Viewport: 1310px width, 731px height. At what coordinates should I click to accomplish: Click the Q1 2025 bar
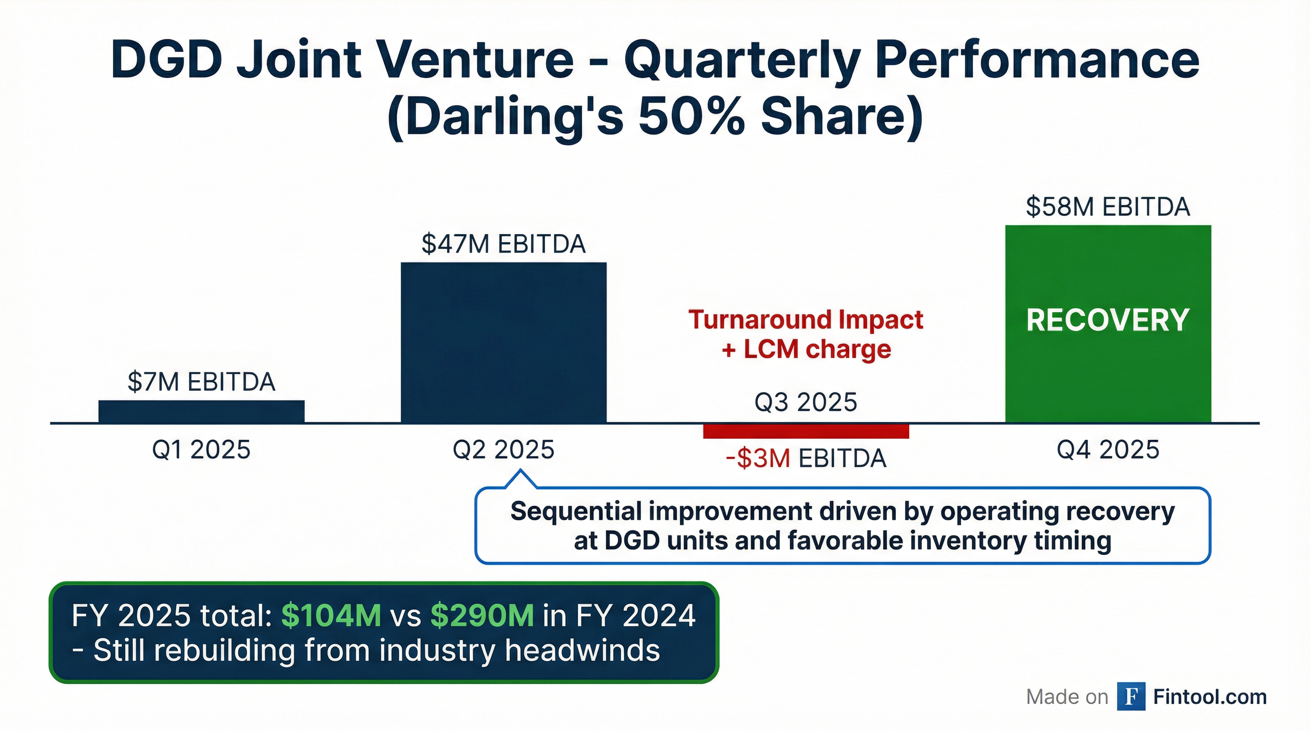(201, 412)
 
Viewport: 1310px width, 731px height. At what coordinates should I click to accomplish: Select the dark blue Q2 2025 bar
(504, 343)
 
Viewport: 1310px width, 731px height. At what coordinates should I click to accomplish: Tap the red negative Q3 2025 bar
(806, 431)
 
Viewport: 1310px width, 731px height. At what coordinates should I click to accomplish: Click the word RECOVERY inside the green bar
(1108, 320)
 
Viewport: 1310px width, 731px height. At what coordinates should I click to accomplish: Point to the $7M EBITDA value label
(201, 382)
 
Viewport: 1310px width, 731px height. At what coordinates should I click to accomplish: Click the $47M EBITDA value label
(504, 244)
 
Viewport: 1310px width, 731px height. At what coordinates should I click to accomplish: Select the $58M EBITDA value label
(1108, 207)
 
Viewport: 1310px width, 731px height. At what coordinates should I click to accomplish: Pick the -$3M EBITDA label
(806, 458)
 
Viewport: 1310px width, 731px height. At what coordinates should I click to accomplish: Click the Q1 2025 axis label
(201, 450)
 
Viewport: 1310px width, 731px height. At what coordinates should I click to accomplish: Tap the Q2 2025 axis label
(504, 450)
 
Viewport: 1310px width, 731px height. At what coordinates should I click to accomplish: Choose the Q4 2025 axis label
(1108, 450)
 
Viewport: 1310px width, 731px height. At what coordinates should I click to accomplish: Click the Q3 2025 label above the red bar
(806, 402)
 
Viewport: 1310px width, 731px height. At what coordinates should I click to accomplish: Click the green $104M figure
(331, 616)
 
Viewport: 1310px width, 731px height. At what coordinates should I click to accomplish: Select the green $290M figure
(482, 616)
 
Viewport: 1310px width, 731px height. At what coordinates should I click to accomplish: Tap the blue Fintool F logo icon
(1131, 696)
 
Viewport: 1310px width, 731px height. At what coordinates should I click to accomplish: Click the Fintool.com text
(1210, 696)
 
